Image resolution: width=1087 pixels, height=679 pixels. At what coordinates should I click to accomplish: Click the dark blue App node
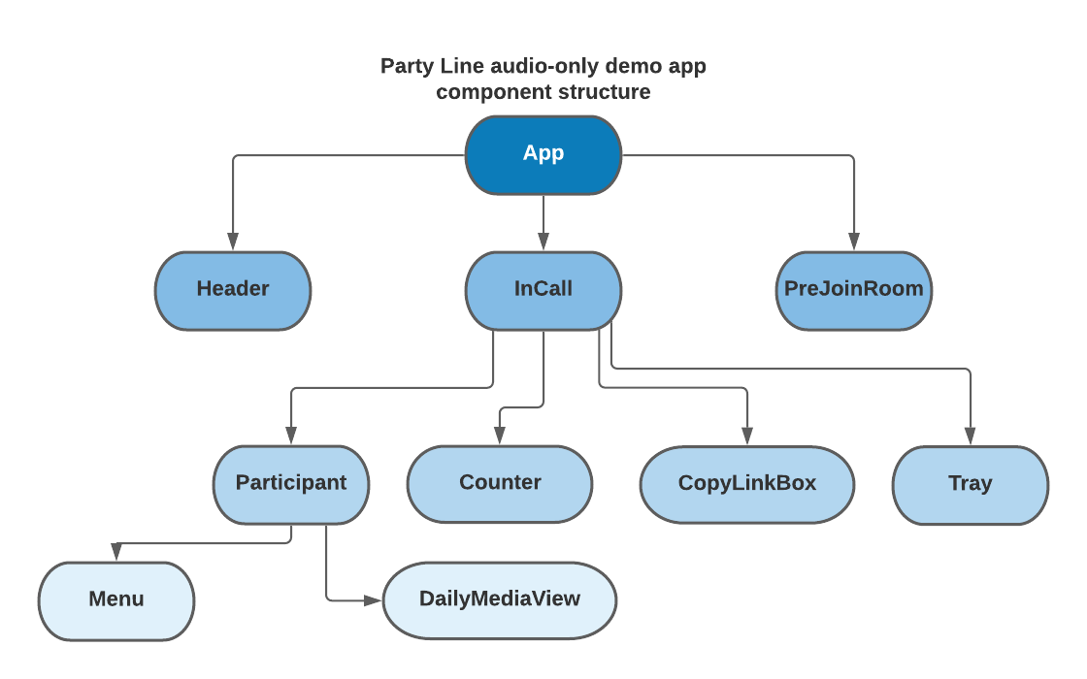pos(543,154)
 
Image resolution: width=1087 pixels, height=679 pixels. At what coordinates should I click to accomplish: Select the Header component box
pos(233,290)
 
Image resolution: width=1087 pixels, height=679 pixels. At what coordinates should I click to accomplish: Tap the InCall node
pos(543,290)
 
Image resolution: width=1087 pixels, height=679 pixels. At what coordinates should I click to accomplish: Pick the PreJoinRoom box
pos(854,290)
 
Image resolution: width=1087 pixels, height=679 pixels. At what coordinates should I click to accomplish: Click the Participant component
pos(291,484)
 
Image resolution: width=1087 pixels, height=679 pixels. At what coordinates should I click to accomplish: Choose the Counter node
pos(500,484)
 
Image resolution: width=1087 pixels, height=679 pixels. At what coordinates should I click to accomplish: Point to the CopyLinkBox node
pos(747,484)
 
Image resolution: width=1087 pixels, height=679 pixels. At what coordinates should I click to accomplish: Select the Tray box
pos(971,484)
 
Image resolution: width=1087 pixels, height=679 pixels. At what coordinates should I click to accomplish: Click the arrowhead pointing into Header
pos(233,243)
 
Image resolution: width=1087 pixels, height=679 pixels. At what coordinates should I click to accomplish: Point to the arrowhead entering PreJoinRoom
pos(854,243)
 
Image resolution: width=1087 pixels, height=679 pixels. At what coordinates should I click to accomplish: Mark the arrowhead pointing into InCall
pos(543,243)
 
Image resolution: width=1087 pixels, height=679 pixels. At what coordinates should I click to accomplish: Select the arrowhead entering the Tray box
pos(971,437)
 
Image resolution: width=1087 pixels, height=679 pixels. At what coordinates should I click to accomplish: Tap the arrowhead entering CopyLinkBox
pos(747,437)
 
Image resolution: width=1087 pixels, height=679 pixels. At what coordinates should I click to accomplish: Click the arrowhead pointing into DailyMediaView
pos(374,601)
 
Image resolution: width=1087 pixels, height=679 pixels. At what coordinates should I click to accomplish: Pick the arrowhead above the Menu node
pos(116,554)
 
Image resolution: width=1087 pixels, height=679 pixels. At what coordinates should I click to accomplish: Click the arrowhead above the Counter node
pos(500,437)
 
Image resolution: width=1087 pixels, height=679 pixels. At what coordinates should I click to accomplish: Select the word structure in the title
pos(602,93)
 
